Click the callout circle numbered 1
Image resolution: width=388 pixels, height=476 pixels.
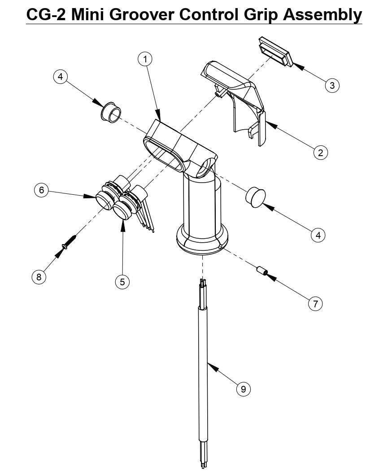[x=145, y=59]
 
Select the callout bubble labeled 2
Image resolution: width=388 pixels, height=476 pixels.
[x=320, y=153]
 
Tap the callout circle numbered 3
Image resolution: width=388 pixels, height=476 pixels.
[x=331, y=85]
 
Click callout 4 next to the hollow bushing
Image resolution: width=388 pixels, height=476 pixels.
[x=60, y=77]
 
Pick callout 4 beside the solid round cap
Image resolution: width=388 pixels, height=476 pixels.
[x=318, y=235]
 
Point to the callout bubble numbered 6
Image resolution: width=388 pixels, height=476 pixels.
[x=42, y=190]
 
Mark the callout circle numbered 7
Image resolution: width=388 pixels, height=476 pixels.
[x=315, y=304]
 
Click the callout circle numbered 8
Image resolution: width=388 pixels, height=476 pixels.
[x=39, y=277]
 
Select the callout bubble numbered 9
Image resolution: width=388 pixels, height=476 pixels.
[x=243, y=389]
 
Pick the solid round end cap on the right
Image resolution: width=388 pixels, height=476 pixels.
[x=255, y=197]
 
